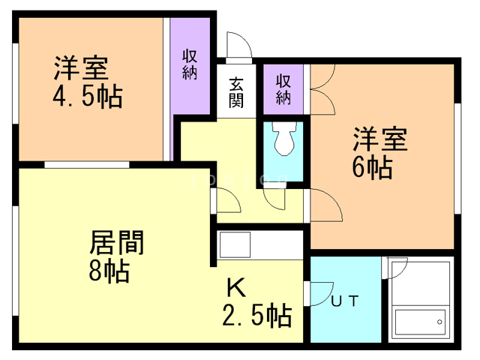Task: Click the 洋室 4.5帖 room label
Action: (87, 82)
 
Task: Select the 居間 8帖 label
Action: (115, 255)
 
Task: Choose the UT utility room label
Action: (345, 301)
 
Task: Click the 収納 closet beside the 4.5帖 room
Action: (189, 65)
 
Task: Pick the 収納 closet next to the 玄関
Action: (283, 88)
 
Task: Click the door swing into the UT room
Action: (320, 293)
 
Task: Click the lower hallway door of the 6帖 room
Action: (323, 204)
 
